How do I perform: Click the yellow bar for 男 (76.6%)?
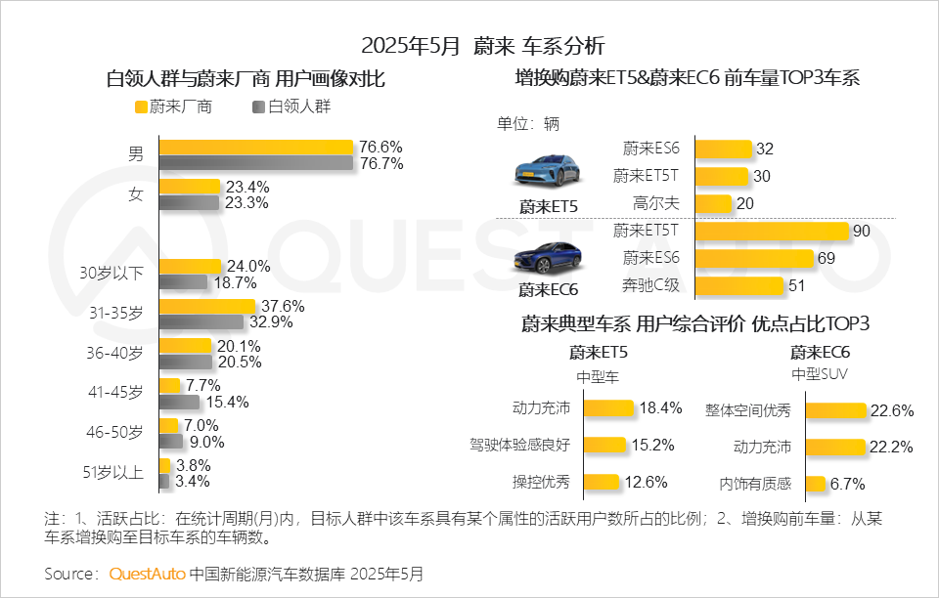(x=255, y=147)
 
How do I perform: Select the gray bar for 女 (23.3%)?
(x=189, y=202)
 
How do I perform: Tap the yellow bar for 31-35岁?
(x=206, y=306)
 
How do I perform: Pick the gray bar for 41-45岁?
(x=179, y=402)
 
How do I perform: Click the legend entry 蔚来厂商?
(x=173, y=107)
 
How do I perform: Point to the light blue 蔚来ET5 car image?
(x=547, y=170)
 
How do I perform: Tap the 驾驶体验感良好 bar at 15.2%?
(x=604, y=445)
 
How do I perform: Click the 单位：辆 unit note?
(x=528, y=124)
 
